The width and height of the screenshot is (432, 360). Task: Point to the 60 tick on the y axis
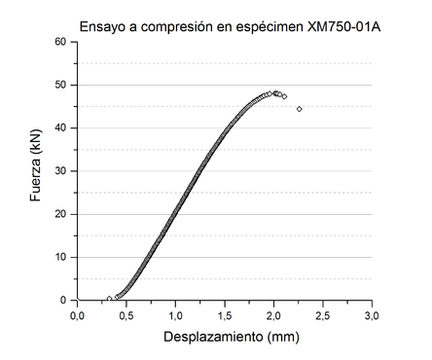(60, 42)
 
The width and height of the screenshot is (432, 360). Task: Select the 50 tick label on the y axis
(60, 85)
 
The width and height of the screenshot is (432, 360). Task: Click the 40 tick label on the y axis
(60, 128)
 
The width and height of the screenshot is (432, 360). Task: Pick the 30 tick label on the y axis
(60, 171)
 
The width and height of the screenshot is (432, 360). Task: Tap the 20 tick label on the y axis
(60, 214)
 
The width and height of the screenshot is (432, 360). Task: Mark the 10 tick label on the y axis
(60, 258)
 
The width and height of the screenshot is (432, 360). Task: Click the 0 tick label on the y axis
(63, 301)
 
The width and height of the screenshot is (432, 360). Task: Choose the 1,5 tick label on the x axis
(225, 316)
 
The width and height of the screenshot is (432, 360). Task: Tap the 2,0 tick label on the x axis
(274, 316)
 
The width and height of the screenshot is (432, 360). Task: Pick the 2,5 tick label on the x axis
(323, 316)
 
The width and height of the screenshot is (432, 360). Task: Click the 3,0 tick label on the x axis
(373, 316)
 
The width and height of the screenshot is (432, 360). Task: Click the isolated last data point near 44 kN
(299, 109)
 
